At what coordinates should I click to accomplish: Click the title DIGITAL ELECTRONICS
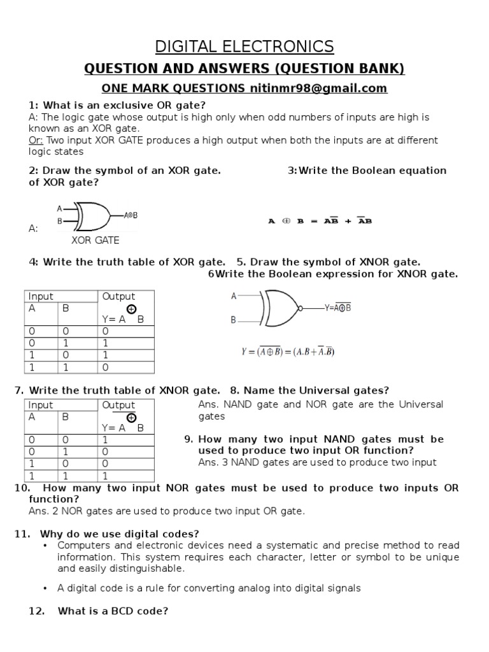coord(244,46)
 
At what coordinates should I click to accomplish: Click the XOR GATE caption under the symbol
coord(95,240)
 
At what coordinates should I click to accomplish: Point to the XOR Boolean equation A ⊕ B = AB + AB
coord(320,221)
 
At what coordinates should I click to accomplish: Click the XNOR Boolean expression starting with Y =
coord(287,351)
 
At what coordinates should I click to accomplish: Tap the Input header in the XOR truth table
coord(41,296)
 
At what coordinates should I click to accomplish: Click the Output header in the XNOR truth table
coord(118,405)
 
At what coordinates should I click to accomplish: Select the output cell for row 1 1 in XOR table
coord(106,367)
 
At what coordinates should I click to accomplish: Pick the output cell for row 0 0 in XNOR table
coord(106,439)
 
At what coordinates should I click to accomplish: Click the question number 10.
coord(22,488)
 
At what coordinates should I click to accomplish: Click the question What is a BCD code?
coord(113,611)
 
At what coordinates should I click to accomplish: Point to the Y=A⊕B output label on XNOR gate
coord(337,308)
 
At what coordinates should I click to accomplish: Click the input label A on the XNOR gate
coord(234,296)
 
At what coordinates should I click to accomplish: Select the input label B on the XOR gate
coord(60,221)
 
